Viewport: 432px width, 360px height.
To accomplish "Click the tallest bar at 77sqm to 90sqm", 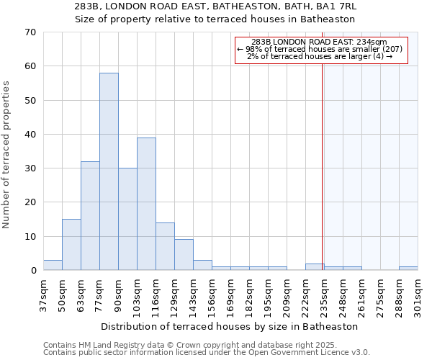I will [109, 171].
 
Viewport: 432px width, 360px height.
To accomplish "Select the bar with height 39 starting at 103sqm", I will [146, 204].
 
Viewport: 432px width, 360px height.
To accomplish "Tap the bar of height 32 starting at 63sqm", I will [90, 216].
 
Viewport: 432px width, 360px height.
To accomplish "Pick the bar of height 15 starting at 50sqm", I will [71, 245].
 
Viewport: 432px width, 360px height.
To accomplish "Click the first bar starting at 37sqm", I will [53, 265].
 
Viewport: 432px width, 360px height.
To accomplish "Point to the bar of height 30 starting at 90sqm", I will [127, 219].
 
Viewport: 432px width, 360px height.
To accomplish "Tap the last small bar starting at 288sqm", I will [408, 269].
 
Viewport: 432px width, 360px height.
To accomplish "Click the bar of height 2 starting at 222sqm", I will [315, 267].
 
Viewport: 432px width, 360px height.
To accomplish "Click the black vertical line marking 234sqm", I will [322, 166].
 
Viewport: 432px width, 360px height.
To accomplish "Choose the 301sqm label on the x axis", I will [418, 294].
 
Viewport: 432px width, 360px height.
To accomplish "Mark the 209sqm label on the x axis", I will [287, 294].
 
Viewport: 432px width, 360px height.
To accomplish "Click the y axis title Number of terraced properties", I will [6, 155].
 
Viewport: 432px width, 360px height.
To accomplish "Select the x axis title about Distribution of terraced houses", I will [229, 326].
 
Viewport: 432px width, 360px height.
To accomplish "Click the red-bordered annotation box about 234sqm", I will [321, 50].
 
